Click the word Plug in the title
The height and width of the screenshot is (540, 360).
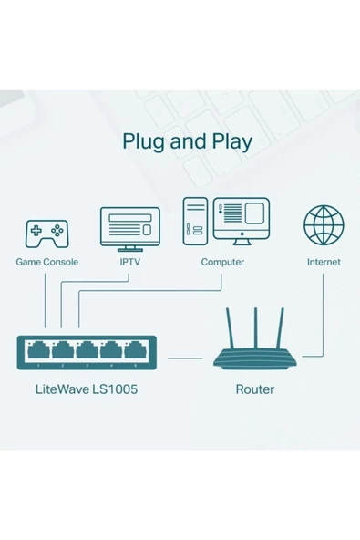pos(142,143)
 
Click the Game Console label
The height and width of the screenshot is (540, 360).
pos(47,262)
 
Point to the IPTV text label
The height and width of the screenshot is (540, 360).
pos(129,262)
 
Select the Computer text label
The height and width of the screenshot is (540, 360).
pos(222,262)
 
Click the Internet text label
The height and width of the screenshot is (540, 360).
pos(324,262)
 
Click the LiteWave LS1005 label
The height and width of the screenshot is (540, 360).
pos(87,389)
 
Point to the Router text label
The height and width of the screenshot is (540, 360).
pos(255,389)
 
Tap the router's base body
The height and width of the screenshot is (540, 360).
pos(255,358)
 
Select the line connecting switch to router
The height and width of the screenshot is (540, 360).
pos(186,358)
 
